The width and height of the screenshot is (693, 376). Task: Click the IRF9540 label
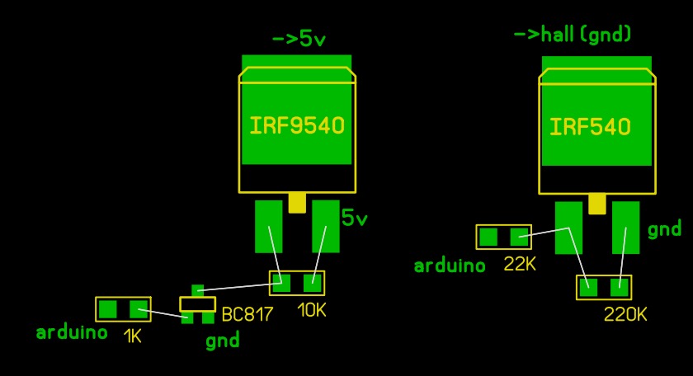click(297, 125)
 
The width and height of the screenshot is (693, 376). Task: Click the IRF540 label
click(590, 127)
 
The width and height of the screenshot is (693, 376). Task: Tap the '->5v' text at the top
click(299, 39)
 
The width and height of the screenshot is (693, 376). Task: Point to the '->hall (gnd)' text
click(573, 35)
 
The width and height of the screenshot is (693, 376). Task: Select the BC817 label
click(247, 314)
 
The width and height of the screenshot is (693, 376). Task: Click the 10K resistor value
click(312, 310)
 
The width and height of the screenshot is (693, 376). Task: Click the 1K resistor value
click(133, 336)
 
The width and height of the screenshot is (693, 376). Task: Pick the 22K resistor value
click(520, 264)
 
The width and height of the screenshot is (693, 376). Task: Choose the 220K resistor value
click(625, 314)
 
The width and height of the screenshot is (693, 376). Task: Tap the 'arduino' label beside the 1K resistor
click(72, 331)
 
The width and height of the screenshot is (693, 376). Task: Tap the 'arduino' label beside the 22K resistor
click(450, 266)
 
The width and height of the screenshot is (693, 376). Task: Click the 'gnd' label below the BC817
click(223, 341)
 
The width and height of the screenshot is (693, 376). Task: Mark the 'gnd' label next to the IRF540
click(664, 229)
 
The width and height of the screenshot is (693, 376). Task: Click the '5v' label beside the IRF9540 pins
click(355, 218)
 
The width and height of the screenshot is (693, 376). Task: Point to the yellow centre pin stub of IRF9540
click(297, 203)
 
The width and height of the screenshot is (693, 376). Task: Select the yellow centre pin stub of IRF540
click(597, 204)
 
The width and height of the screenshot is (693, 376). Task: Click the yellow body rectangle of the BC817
click(197, 304)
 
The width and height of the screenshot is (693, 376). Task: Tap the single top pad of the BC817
click(197, 291)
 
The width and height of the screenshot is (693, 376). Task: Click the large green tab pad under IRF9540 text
click(296, 110)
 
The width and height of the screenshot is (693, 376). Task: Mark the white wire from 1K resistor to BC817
click(163, 313)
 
